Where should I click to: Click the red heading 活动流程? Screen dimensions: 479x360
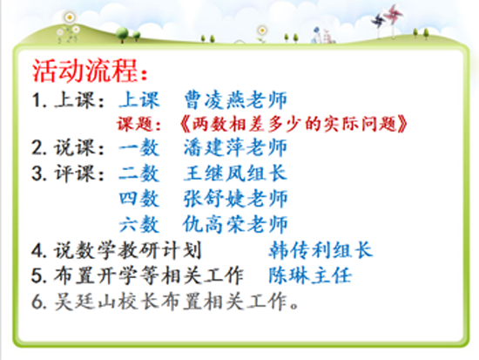tap(85, 71)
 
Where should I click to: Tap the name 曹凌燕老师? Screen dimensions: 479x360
tap(235, 100)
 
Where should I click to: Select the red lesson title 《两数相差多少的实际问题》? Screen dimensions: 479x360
tap(293, 124)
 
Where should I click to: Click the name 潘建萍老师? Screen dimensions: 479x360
tap(235, 147)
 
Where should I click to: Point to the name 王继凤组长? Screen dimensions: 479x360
tap(235, 173)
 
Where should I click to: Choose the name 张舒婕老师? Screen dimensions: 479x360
tap(235, 199)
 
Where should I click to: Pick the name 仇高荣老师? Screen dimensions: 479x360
tap(235, 224)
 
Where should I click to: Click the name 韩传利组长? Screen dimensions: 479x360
tap(320, 250)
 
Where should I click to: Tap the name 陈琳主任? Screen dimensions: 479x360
tap(310, 275)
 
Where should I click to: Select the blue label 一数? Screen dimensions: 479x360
tap(139, 147)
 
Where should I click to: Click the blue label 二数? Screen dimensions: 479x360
tap(139, 173)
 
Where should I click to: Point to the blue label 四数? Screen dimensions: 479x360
tap(139, 199)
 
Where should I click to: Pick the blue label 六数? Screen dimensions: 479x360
tap(139, 224)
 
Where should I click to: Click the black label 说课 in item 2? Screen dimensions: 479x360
tap(74, 147)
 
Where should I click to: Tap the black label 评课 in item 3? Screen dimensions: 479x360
tap(74, 173)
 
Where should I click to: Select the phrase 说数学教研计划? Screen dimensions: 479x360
tap(128, 250)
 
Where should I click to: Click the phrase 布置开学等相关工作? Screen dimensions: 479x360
tap(149, 275)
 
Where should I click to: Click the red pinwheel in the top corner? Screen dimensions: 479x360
tap(394, 14)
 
